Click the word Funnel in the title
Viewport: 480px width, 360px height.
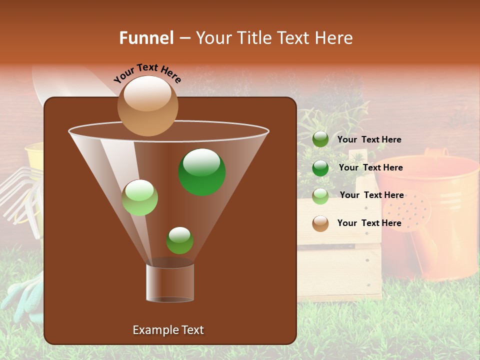pos(146,38)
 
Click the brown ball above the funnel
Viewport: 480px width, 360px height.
pos(147,105)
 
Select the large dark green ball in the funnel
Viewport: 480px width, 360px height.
pos(201,172)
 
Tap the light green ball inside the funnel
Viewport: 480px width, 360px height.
pos(139,197)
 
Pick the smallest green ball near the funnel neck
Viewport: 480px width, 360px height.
pos(179,240)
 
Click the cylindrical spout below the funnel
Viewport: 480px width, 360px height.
pos(169,282)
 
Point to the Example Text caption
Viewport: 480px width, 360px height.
pos(168,330)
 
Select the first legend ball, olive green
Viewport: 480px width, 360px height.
pos(320,139)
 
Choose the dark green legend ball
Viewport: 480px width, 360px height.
pos(320,167)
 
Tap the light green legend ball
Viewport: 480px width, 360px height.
pos(320,195)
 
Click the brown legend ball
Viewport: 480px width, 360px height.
pos(320,223)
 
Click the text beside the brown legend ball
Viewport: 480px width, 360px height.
pos(369,223)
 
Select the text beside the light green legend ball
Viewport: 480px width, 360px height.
pos(371,195)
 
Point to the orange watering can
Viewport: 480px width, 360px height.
pos(430,200)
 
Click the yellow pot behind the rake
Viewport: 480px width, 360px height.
pos(34,155)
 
